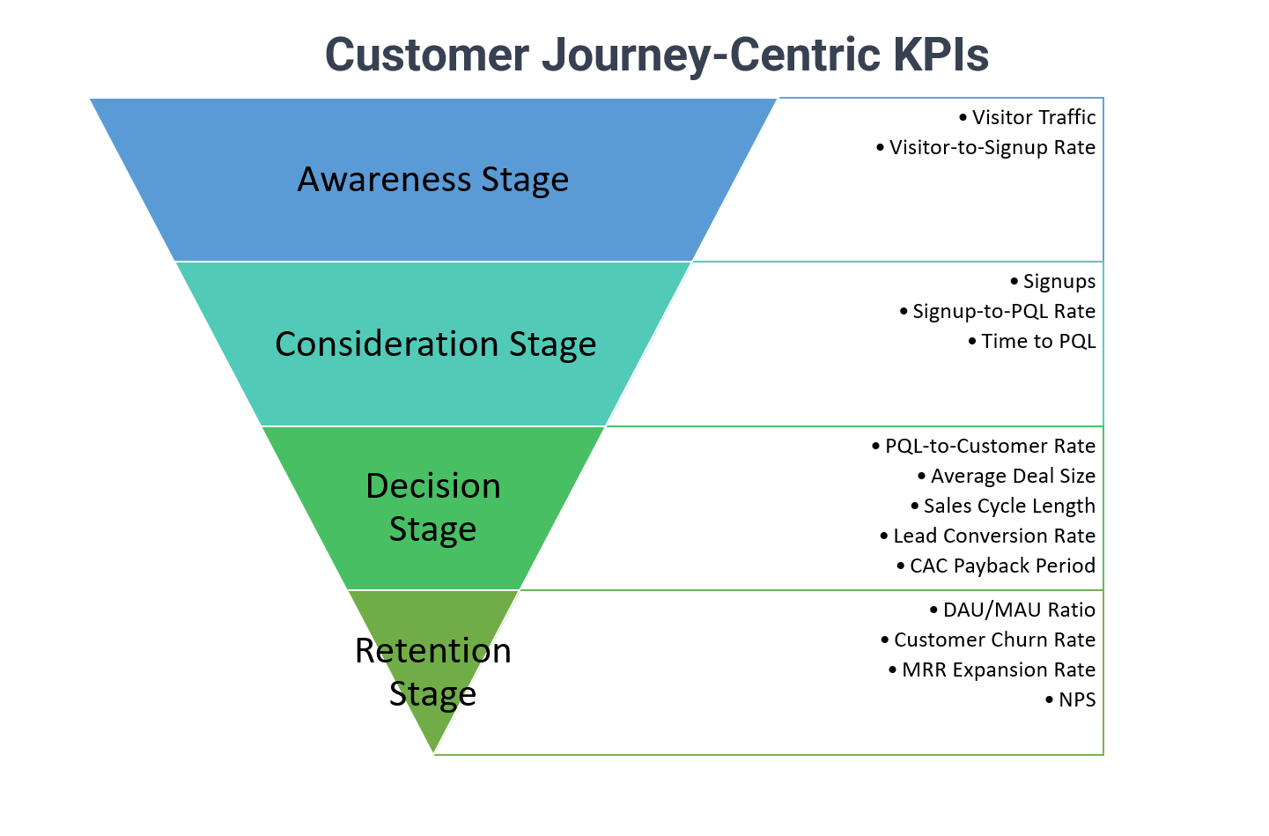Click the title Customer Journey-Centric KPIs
coord(657,55)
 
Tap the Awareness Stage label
coord(432,180)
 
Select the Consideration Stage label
coord(435,344)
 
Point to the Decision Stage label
coord(432,507)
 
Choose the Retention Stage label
coord(432,671)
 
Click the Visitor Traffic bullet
coord(1027,117)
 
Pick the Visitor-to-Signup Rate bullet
coord(985,147)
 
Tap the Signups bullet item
coord(1052,282)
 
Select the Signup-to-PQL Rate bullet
coord(998,311)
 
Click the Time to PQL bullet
coord(1032,341)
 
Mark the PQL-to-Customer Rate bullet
coord(984,446)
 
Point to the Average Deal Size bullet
coord(1007,476)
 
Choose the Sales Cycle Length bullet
coord(1003,506)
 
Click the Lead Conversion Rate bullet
coord(988,536)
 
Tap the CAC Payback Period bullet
coord(997,566)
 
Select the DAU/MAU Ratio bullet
coord(1013,610)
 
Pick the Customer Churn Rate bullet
coord(989,640)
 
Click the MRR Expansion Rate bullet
coord(992,670)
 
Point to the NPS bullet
coord(1071,699)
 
